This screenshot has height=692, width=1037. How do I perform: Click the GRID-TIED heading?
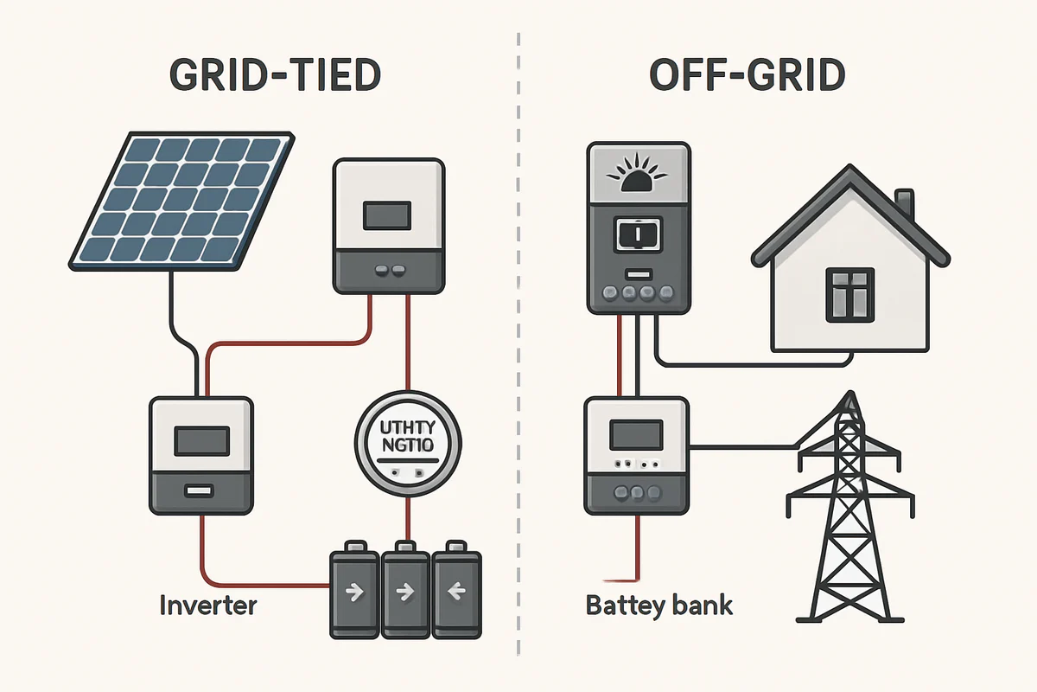point(274,76)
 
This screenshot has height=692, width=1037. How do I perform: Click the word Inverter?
point(208,604)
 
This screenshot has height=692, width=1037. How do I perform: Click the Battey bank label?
point(658,604)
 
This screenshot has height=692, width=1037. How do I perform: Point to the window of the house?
point(851,294)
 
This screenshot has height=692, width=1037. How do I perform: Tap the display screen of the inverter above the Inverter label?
point(200,441)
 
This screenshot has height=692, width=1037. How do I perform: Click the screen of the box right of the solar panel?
point(387,215)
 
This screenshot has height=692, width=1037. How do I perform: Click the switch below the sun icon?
point(639,234)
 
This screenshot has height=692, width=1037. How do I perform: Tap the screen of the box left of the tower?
point(637,432)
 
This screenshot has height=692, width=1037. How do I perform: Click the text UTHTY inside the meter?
point(406,428)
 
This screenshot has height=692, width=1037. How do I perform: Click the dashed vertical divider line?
point(518,346)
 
